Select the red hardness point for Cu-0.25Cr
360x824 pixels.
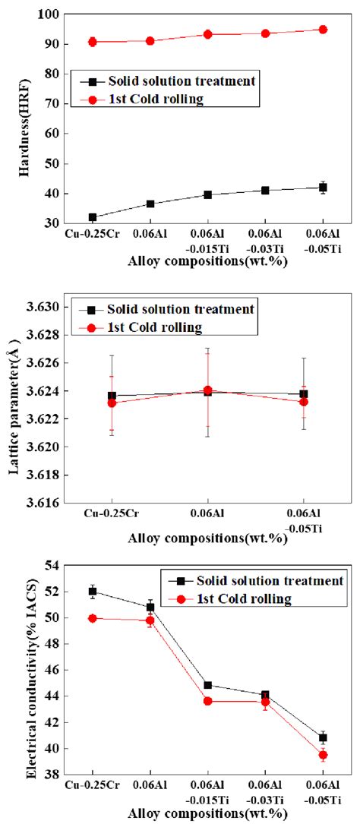coord(93,42)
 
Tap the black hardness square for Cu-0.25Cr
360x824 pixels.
coord(93,217)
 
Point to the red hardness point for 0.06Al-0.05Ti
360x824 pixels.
coord(323,30)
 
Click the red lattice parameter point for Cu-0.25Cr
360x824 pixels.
coord(112,403)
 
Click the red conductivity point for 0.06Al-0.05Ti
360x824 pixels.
coord(323,755)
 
